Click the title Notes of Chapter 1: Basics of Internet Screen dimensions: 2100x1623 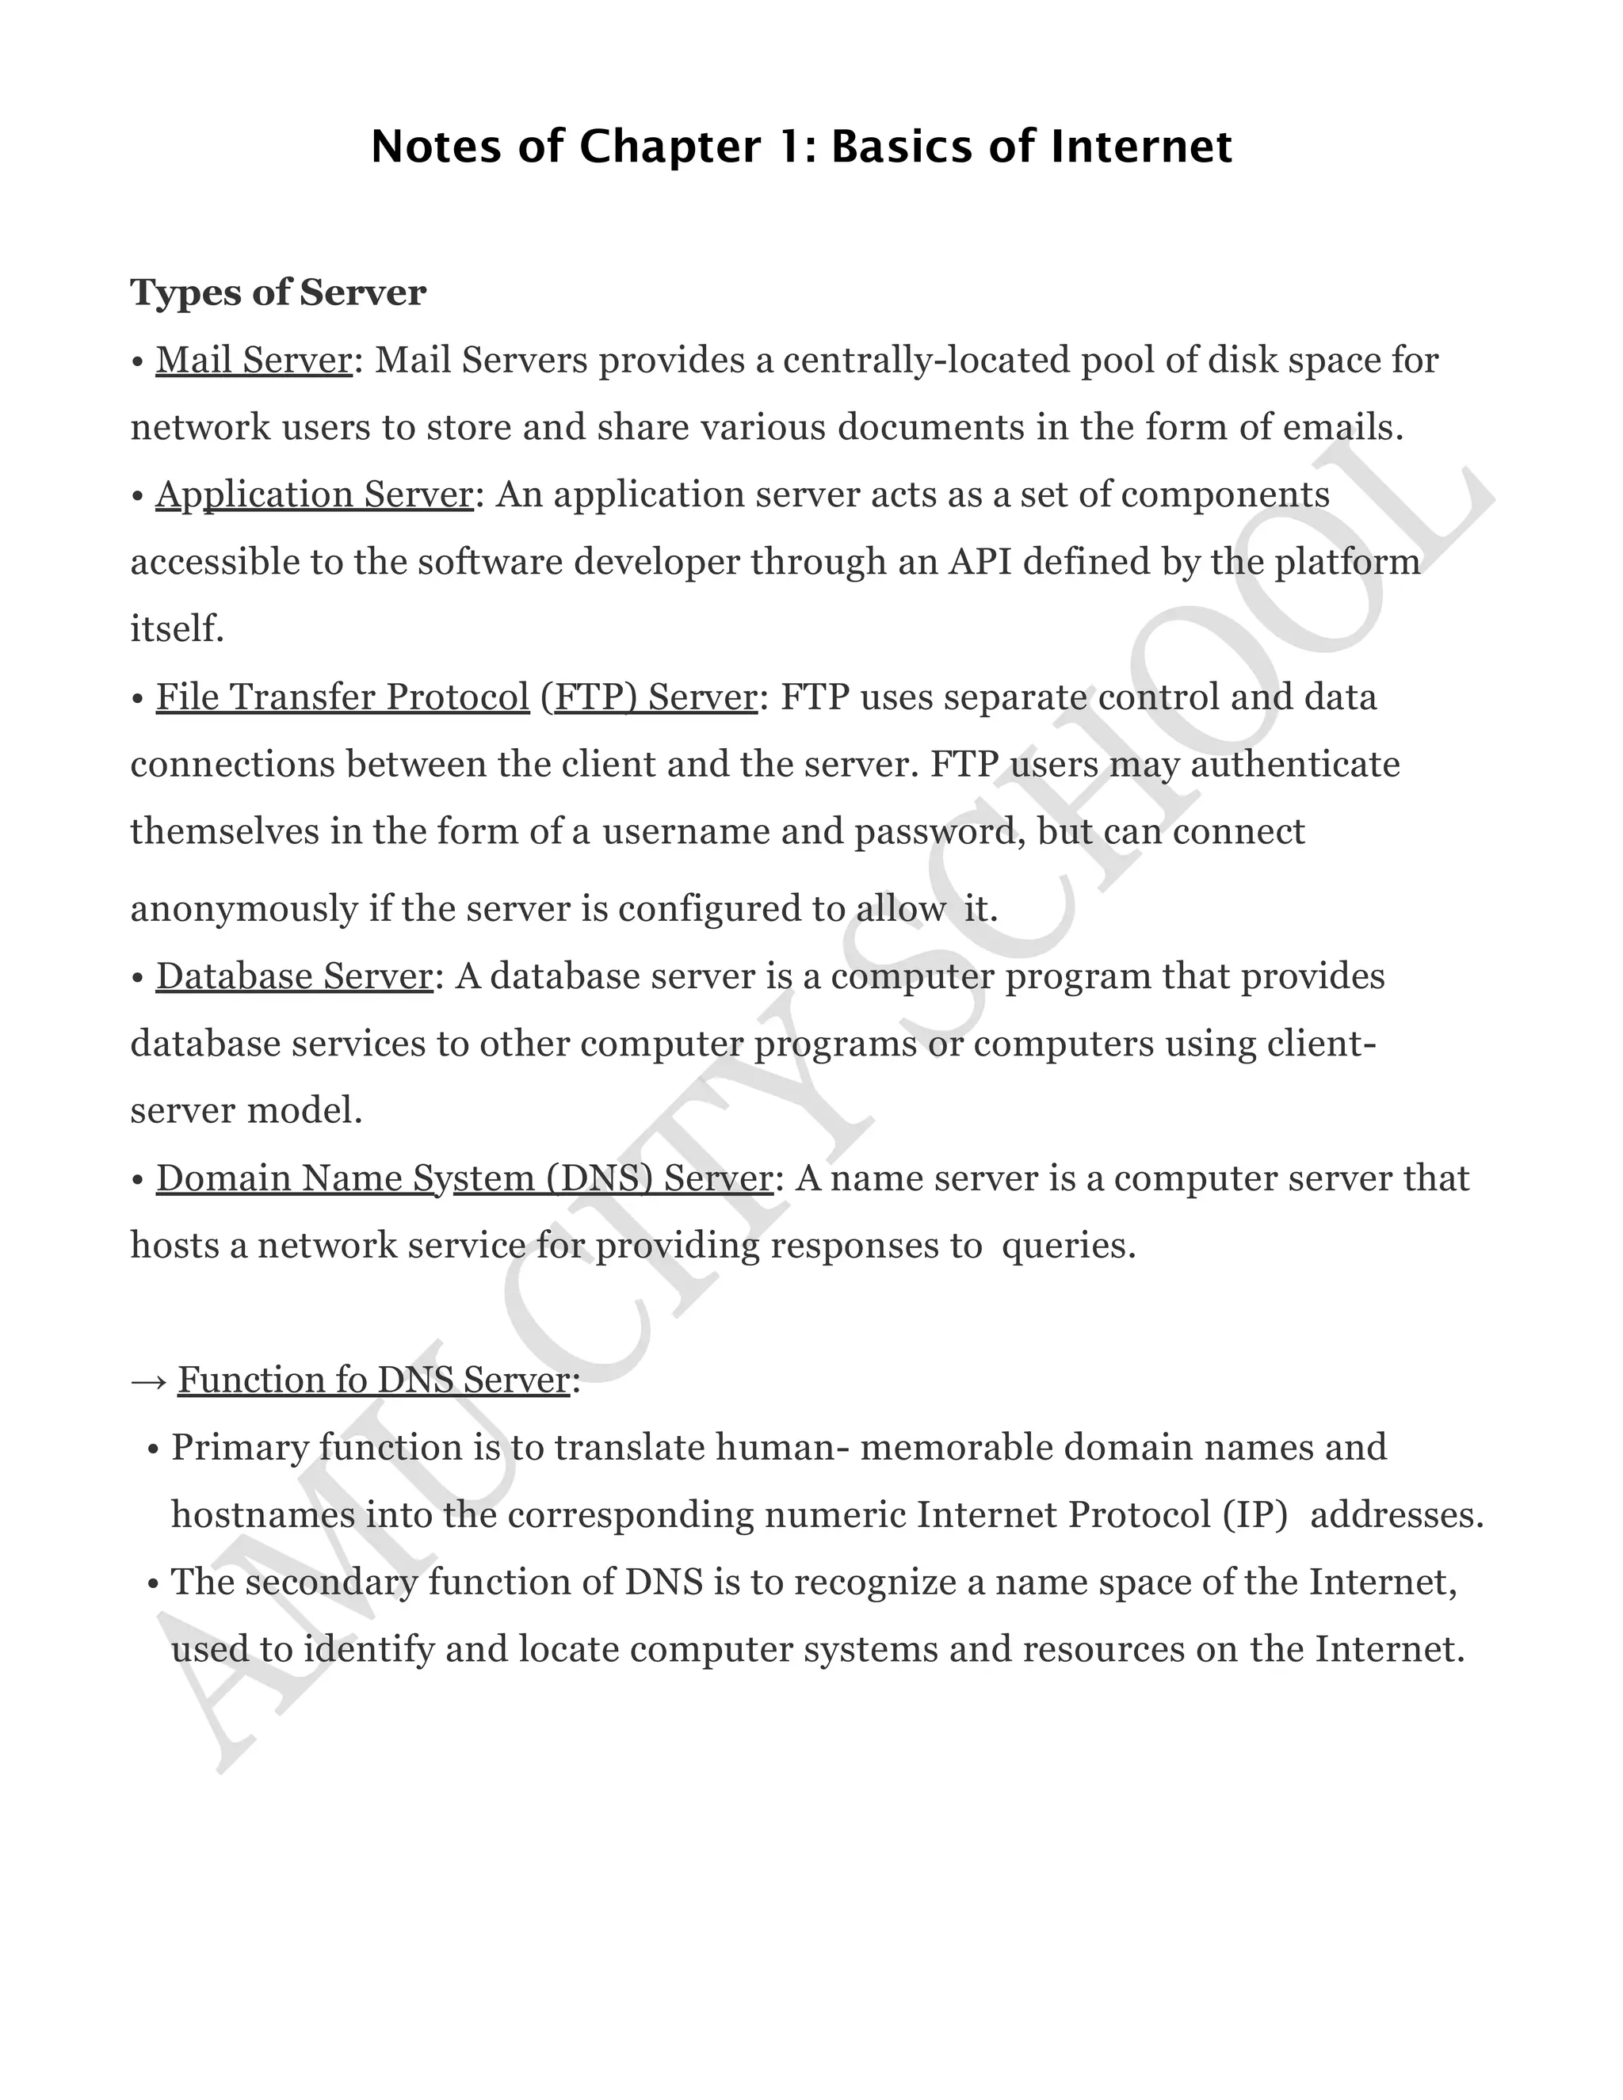801,147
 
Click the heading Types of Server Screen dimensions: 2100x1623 278,292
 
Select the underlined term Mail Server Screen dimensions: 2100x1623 254,361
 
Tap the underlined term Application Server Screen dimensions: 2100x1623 315,495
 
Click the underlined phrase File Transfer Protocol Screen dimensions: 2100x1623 342,697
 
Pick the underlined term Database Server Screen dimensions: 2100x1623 294,976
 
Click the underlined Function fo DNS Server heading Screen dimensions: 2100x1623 374,1380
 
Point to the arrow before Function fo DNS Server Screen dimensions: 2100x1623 149,1382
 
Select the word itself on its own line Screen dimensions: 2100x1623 177,630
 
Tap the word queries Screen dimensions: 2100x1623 1068,1247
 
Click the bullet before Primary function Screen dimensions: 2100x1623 153,1450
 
